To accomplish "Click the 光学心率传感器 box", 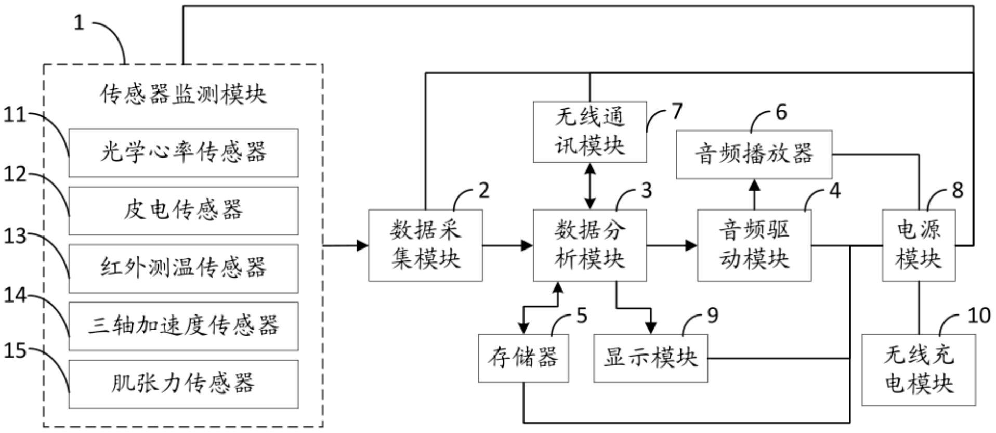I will [x=184, y=153].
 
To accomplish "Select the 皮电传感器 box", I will [x=184, y=211].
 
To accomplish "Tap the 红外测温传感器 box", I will [x=184, y=268].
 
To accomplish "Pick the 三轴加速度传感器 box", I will [x=184, y=326].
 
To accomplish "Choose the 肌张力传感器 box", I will [x=184, y=384].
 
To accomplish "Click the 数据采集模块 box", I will [x=425, y=245].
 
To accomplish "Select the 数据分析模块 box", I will [x=589, y=245].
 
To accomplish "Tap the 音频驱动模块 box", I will [x=754, y=245].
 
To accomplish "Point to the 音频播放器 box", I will [x=754, y=154].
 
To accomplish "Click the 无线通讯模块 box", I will [x=589, y=132].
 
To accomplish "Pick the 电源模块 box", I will [x=919, y=245].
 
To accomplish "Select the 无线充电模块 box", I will [x=919, y=370].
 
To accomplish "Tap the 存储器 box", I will [x=523, y=358].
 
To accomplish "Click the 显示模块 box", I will [x=650, y=358].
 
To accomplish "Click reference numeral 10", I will [x=979, y=316].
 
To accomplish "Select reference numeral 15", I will [x=15, y=351].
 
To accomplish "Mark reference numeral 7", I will [x=676, y=111].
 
